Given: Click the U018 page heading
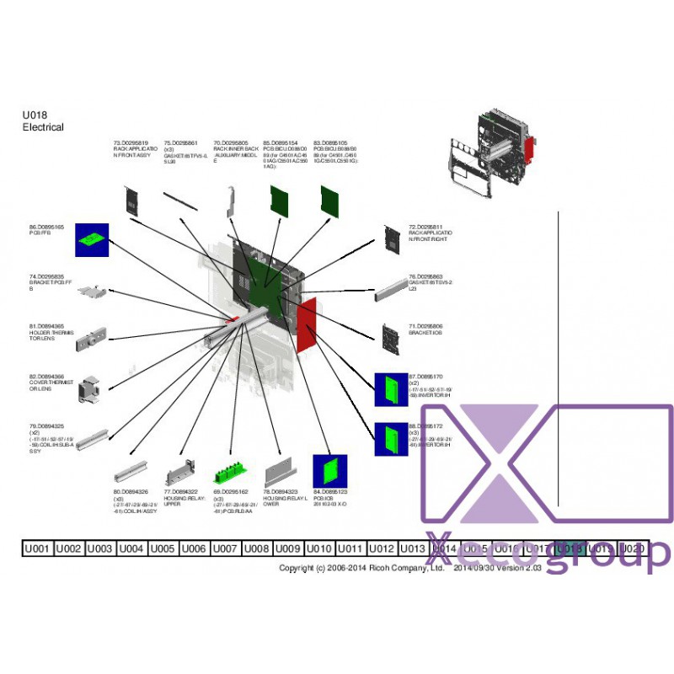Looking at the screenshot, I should [35, 115].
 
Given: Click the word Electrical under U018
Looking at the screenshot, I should [43, 127].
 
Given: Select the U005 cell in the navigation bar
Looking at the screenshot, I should [163, 548].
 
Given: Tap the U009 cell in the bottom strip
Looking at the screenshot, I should [288, 548].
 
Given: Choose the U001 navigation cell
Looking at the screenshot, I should [37, 548].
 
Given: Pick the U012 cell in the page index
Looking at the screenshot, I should [382, 548].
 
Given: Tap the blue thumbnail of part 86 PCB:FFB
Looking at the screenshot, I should [94, 241].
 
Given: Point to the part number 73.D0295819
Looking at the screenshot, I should [131, 143].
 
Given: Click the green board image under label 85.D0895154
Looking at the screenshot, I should [279, 201].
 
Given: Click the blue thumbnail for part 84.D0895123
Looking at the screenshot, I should [330, 472].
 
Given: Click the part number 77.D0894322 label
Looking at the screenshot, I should [180, 491].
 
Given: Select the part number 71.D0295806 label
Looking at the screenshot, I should [425, 325].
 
